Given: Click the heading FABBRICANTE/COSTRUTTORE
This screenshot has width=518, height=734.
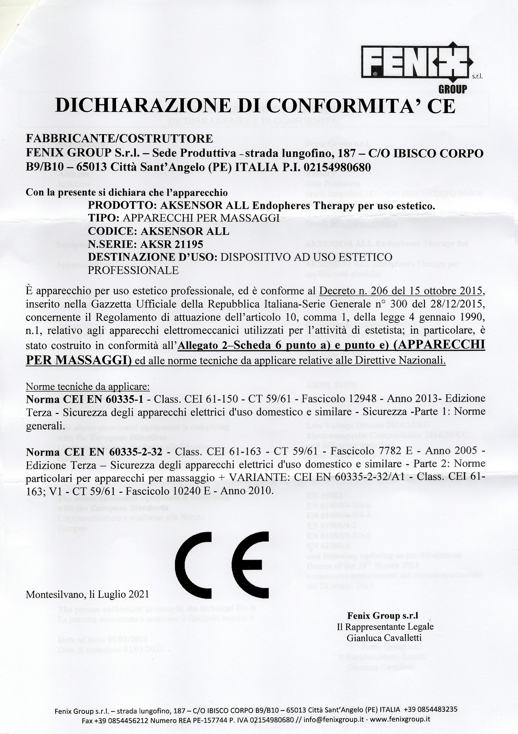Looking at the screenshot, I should [x=119, y=138].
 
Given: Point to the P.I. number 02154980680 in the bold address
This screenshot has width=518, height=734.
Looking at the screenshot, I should [x=337, y=167].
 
